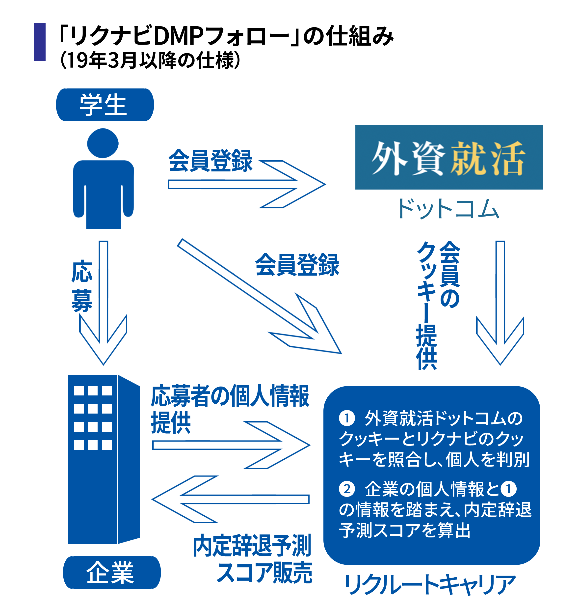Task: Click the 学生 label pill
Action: tap(105, 105)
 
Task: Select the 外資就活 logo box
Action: tap(449, 157)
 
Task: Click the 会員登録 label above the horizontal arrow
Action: tap(210, 160)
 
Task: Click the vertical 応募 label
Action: tap(82, 286)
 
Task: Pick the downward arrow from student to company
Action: tap(103, 303)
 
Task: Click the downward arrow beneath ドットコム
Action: tap(500, 303)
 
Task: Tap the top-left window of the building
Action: tap(79, 391)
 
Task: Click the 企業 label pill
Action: tap(112, 572)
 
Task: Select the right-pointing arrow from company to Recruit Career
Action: tap(232, 445)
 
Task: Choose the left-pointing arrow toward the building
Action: tap(230, 500)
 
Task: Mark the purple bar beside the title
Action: tap(40, 42)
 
